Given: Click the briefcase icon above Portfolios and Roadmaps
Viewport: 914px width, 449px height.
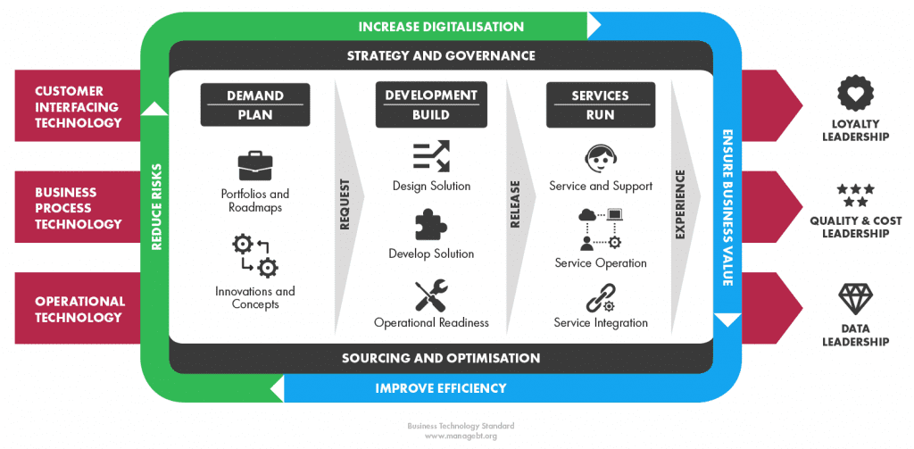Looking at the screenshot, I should click(x=254, y=166).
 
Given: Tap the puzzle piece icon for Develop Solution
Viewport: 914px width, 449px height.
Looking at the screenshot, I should click(x=431, y=225).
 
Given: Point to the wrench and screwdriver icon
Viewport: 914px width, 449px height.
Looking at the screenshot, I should click(x=431, y=295).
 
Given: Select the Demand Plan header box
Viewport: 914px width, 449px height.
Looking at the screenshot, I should click(x=254, y=105).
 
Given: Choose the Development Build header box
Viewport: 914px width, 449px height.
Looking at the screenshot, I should click(x=431, y=105).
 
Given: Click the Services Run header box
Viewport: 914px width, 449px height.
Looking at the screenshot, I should click(x=601, y=105).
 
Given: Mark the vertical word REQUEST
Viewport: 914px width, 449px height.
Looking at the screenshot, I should click(x=345, y=204).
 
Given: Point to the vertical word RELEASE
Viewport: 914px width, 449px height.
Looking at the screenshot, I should click(x=515, y=204).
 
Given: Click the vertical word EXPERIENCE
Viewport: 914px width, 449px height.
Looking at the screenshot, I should click(x=681, y=204).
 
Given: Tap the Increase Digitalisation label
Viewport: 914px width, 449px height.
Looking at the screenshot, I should click(x=441, y=26).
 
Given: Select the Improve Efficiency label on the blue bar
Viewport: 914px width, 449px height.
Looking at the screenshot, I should click(x=441, y=388).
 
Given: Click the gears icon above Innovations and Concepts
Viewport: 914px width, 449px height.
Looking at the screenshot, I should click(x=254, y=255).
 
